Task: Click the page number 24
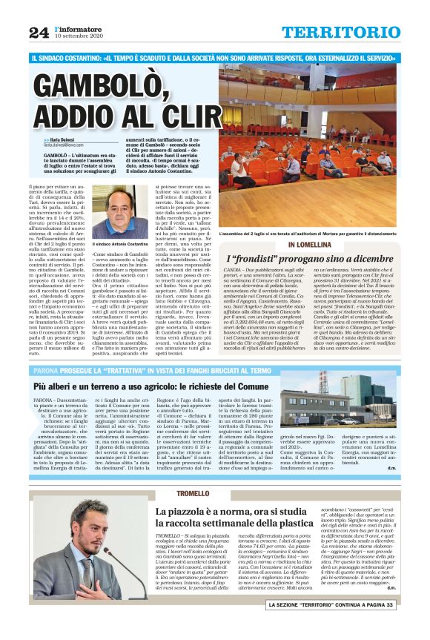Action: (39, 30)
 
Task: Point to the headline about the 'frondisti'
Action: (317, 258)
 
